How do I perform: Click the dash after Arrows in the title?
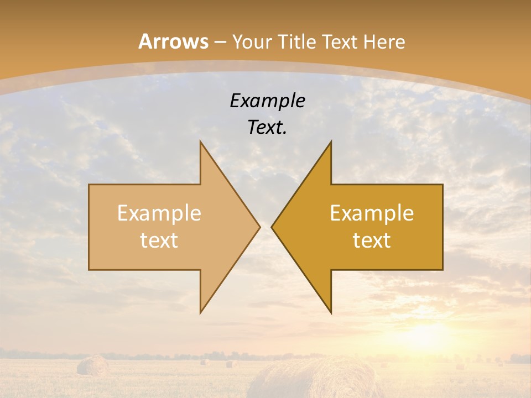[x=220, y=42]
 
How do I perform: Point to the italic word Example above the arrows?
[x=267, y=101]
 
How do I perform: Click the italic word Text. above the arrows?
[x=267, y=127]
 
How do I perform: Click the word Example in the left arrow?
[x=159, y=213]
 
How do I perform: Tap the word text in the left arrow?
[x=159, y=240]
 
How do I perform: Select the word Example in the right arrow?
[x=372, y=213]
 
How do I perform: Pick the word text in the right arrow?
[x=372, y=240]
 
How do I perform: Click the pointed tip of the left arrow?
[x=259, y=227]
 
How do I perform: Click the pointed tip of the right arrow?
[x=272, y=227]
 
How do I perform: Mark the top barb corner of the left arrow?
[x=201, y=143]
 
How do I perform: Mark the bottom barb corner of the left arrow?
[x=201, y=312]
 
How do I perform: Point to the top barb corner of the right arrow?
[x=331, y=143]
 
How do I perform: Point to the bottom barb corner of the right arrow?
[x=331, y=312]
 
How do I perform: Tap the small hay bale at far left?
[x=93, y=365]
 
